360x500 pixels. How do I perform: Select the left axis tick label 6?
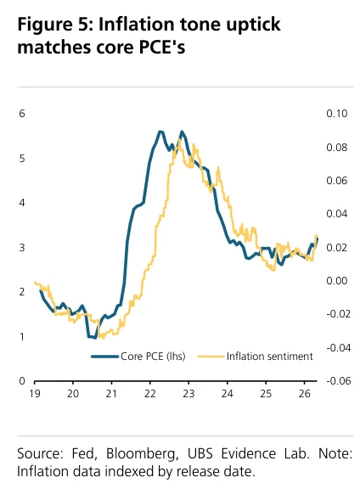pos(22,114)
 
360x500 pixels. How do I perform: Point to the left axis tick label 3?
pos(22,247)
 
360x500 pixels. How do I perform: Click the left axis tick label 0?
pos(22,381)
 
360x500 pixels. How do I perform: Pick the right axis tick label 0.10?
pos(337,114)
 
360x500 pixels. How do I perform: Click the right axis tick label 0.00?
pos(337,281)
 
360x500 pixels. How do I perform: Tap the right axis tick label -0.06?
pos(338,381)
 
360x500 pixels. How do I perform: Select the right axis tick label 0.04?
pos(337,214)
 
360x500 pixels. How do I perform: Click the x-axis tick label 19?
pos(35,394)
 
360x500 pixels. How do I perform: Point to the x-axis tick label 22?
pos(150,394)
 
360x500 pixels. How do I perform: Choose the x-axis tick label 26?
pos(305,394)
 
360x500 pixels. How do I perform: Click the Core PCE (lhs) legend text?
pos(153,357)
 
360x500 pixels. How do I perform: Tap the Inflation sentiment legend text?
pos(270,357)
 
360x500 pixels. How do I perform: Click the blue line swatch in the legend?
pos(105,357)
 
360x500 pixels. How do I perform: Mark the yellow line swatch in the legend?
pos(211,357)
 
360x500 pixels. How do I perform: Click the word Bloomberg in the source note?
pos(142,454)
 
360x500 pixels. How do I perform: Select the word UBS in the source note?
pos(200,453)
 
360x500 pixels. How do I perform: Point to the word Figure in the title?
pos(45,25)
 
